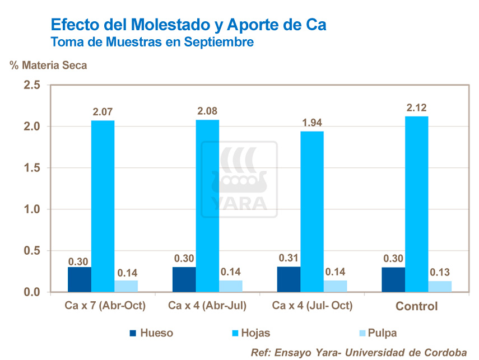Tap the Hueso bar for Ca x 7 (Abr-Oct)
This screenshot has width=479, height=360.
79,279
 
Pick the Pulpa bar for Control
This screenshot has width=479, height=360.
440,287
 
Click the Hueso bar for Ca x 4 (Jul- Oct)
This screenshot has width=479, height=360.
289,279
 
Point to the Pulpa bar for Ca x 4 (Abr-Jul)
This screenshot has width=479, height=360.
231,286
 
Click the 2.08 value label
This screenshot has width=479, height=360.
208,111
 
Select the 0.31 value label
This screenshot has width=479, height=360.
289,259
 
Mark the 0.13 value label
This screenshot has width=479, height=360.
440,273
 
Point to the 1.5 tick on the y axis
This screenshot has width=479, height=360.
31,168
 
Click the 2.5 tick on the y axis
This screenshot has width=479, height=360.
31,85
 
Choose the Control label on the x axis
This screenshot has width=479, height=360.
416,306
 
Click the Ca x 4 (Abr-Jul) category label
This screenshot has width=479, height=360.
207,306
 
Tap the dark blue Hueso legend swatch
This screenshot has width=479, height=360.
133,333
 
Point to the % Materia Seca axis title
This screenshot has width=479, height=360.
48,66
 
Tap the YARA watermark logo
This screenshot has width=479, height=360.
239,179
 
